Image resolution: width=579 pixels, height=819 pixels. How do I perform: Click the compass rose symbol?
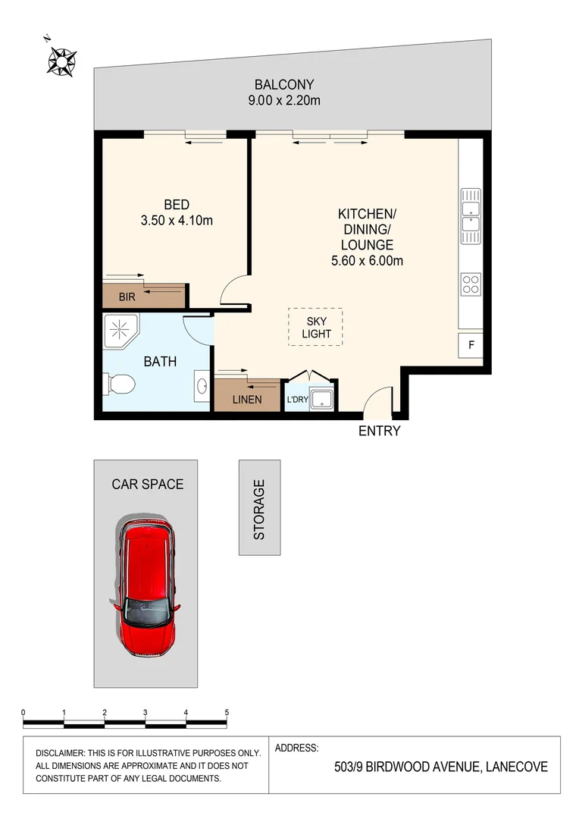(61, 60)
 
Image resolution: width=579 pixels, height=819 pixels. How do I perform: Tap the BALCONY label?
(284, 85)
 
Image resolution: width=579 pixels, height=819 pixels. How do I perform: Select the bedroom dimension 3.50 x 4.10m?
(177, 221)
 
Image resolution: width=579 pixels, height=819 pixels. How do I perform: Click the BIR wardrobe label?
(127, 297)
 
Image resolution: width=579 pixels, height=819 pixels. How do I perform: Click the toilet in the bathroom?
(119, 385)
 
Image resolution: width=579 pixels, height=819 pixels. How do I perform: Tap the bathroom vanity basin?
(202, 386)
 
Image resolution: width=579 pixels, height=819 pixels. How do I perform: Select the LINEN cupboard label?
(248, 400)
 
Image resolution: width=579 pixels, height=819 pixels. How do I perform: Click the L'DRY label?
(296, 400)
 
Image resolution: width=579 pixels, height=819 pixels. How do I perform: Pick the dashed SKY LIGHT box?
(315, 327)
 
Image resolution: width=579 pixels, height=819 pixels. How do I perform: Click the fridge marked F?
(471, 345)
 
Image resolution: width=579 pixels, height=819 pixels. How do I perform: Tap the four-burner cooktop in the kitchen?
(470, 284)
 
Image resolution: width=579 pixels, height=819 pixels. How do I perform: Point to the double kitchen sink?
(470, 213)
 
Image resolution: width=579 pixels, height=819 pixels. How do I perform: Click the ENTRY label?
(379, 431)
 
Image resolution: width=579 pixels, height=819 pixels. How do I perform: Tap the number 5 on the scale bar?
(227, 713)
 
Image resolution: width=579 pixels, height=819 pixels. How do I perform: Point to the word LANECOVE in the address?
(516, 767)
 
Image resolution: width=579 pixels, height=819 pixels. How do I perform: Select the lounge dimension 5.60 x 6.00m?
(367, 262)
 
